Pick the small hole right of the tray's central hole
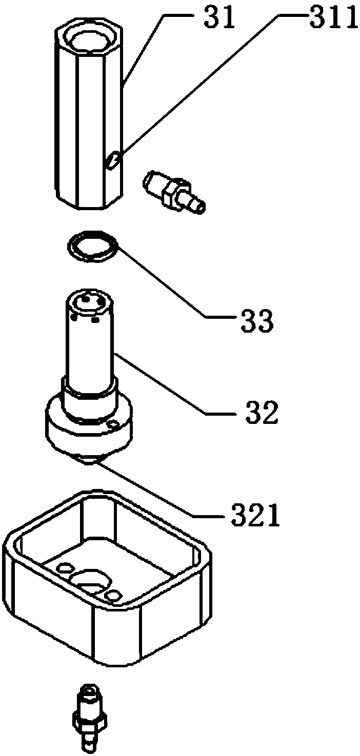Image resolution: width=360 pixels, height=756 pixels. (113, 595)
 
